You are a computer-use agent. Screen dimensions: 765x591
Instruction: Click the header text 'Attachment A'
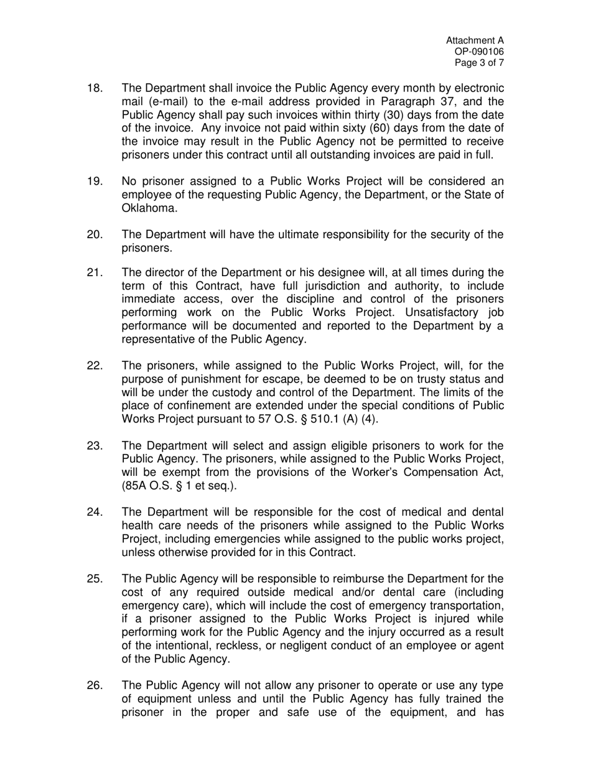[475, 40]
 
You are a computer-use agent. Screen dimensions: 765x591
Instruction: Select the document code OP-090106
[480, 52]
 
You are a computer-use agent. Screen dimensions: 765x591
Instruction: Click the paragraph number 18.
[95, 88]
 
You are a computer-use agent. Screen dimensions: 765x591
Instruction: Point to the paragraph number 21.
[95, 272]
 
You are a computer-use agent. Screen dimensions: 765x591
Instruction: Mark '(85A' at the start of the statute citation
[136, 486]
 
